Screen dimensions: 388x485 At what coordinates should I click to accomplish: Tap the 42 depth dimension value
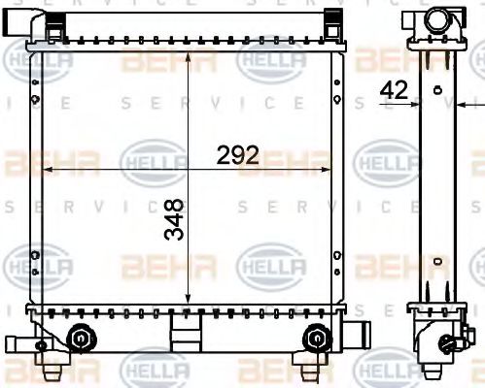click(394, 90)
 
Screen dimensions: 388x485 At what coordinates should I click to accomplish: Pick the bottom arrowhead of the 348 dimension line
click(188, 304)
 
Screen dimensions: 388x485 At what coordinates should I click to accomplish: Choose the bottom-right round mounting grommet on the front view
click(315, 338)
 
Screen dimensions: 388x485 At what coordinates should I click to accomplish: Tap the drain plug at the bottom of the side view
click(448, 342)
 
